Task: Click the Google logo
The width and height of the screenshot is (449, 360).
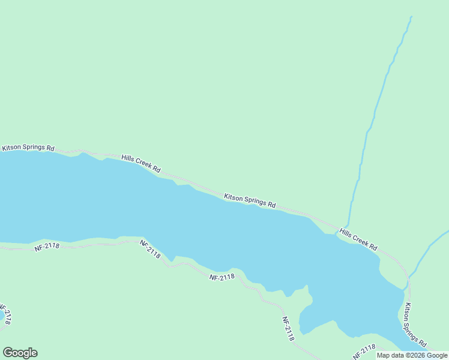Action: [20, 353]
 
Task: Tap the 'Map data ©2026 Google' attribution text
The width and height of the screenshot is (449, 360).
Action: [412, 355]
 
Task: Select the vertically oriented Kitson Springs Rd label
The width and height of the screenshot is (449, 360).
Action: [415, 326]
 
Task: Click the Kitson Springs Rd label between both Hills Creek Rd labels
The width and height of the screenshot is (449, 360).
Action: [250, 200]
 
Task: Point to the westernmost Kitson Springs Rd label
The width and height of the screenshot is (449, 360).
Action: [28, 148]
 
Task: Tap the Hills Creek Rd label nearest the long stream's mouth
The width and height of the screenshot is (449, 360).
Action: [358, 239]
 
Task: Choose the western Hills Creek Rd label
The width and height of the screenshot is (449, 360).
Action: [141, 164]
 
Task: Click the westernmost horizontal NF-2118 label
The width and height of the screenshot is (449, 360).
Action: [47, 247]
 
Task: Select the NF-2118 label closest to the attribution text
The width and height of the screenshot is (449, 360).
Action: [364, 351]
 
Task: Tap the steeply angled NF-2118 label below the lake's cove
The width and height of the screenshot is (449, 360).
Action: [288, 329]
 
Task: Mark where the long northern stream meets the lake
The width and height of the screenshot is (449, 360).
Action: [346, 227]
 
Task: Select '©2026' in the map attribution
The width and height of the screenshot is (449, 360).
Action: [414, 355]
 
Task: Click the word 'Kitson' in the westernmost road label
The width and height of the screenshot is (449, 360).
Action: [11, 148]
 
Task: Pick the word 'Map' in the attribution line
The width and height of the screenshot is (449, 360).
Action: [384, 355]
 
